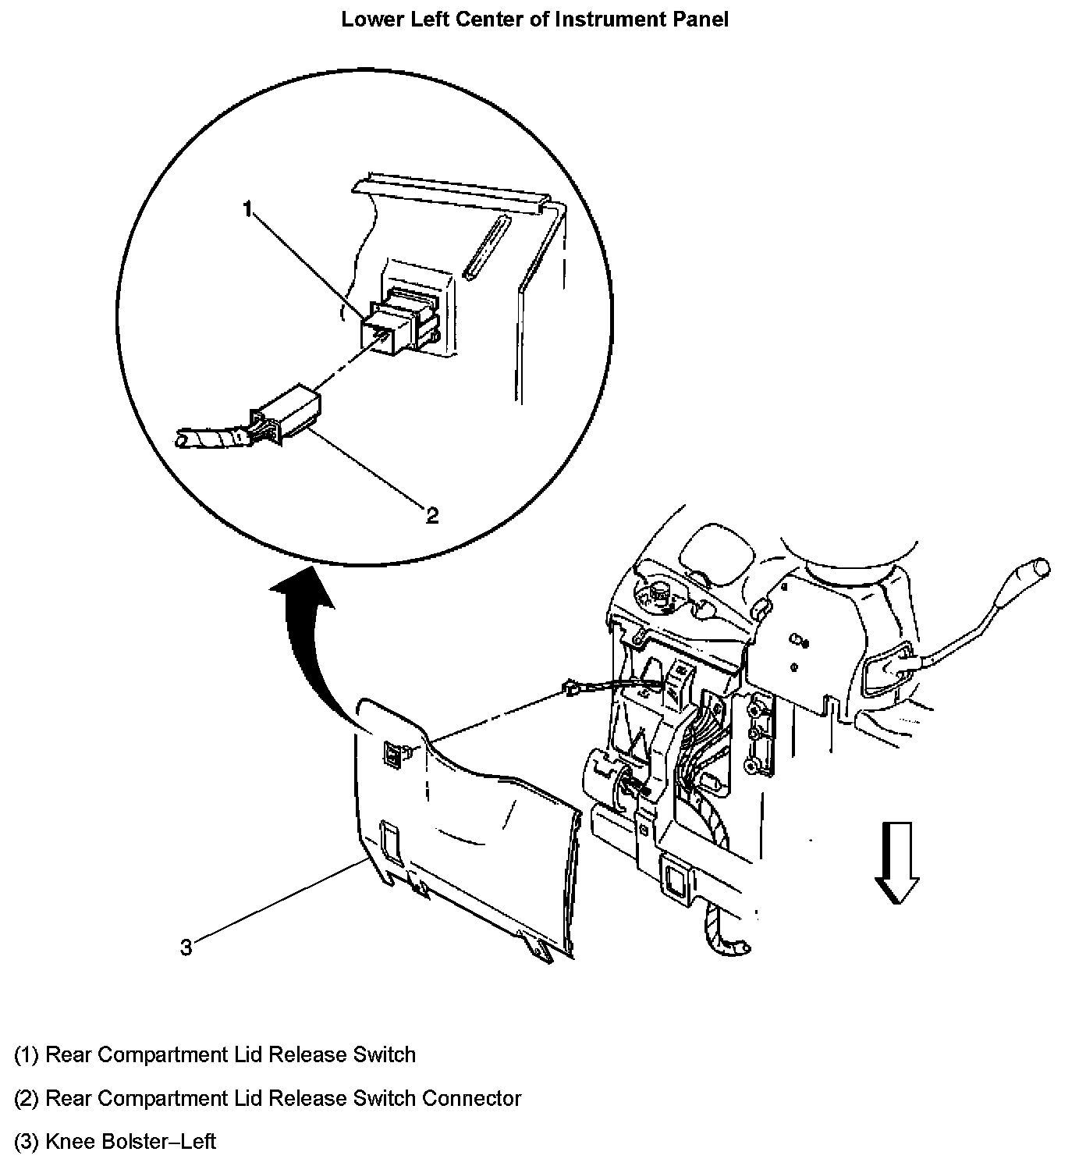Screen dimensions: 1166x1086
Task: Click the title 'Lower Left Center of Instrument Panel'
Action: tap(534, 20)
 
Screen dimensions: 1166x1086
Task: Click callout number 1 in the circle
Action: tap(247, 209)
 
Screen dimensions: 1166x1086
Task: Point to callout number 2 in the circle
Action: tap(431, 514)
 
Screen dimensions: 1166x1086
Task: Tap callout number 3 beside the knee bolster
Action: tap(186, 947)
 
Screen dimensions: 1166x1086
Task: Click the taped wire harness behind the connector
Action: tap(211, 438)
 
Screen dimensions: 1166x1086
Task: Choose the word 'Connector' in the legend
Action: tap(471, 1099)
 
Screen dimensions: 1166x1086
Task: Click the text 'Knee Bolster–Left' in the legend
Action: tap(130, 1142)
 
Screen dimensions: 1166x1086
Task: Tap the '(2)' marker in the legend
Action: tap(27, 1099)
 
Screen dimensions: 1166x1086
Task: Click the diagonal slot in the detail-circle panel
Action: tap(485, 247)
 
